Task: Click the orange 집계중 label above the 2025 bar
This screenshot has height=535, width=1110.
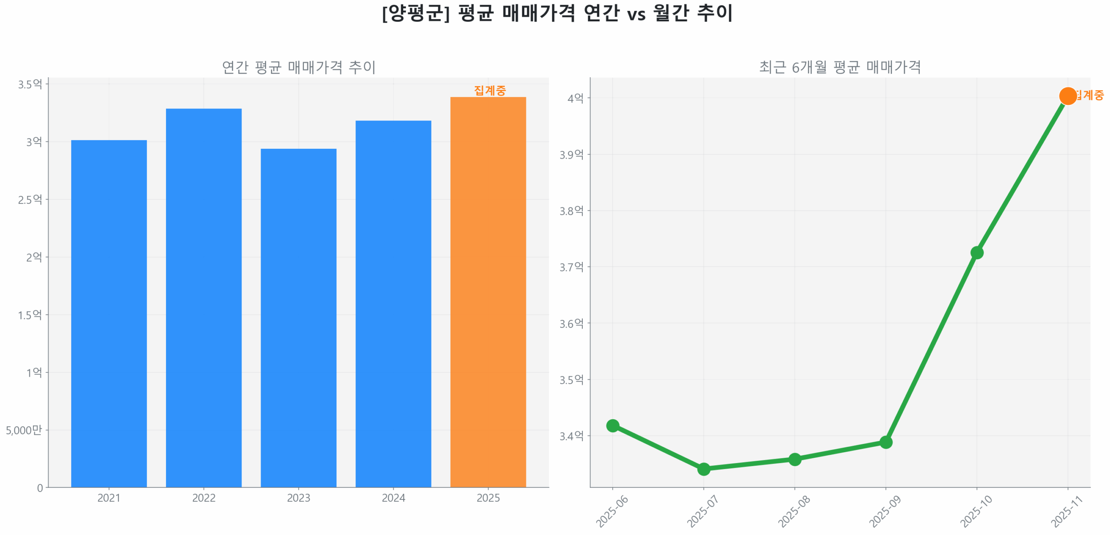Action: (x=490, y=90)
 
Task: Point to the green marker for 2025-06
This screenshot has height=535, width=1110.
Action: (x=612, y=425)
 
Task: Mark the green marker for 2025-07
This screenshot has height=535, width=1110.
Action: (x=703, y=469)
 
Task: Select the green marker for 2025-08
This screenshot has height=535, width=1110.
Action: (x=794, y=459)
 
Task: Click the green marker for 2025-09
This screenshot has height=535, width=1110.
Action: (x=885, y=442)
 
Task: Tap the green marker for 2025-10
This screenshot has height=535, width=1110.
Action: (x=976, y=252)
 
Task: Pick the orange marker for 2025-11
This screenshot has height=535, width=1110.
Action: (x=1067, y=96)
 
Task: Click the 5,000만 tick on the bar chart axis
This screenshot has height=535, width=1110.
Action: (x=24, y=430)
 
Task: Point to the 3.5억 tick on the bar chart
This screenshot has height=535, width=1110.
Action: (x=30, y=84)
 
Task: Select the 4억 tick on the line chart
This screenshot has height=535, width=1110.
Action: (x=575, y=98)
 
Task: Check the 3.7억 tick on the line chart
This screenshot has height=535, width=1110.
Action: (x=571, y=267)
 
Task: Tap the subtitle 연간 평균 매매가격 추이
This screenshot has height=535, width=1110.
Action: (x=298, y=67)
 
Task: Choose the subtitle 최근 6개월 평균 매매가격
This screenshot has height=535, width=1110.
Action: (x=839, y=67)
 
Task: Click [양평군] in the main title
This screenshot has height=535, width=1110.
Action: (x=415, y=13)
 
